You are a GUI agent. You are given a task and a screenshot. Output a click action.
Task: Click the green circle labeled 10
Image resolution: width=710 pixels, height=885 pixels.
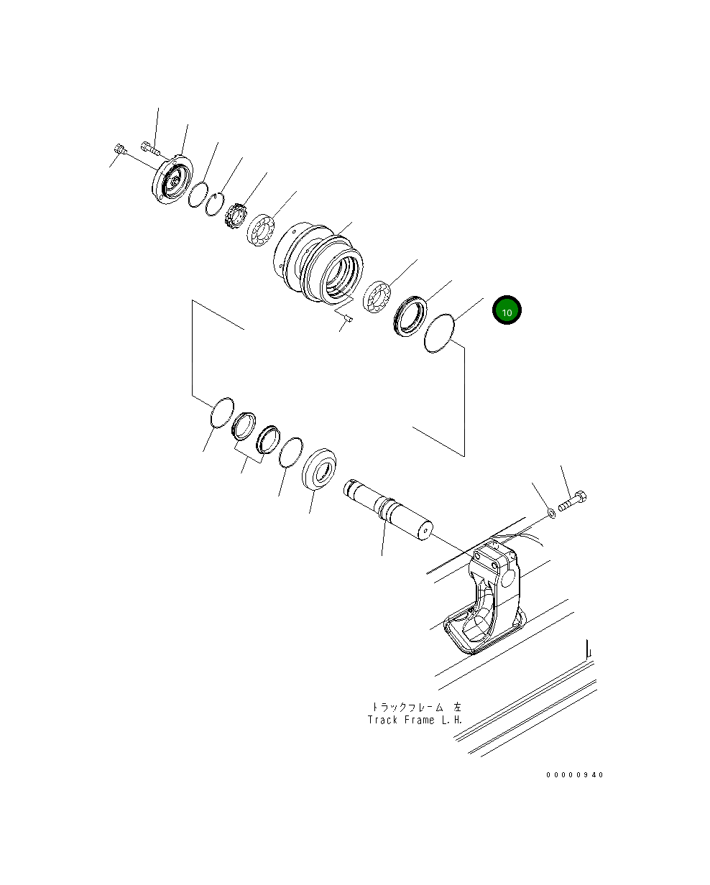tap(507, 310)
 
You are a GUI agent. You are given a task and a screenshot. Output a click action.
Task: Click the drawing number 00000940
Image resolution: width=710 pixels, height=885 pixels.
tap(575, 775)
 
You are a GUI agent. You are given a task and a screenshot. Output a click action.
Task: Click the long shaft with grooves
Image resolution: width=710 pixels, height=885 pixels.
tap(388, 506)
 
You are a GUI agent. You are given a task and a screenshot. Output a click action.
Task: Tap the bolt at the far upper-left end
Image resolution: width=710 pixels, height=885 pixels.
tap(119, 150)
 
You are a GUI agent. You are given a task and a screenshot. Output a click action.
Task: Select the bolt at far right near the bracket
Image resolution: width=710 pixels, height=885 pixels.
tap(573, 501)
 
